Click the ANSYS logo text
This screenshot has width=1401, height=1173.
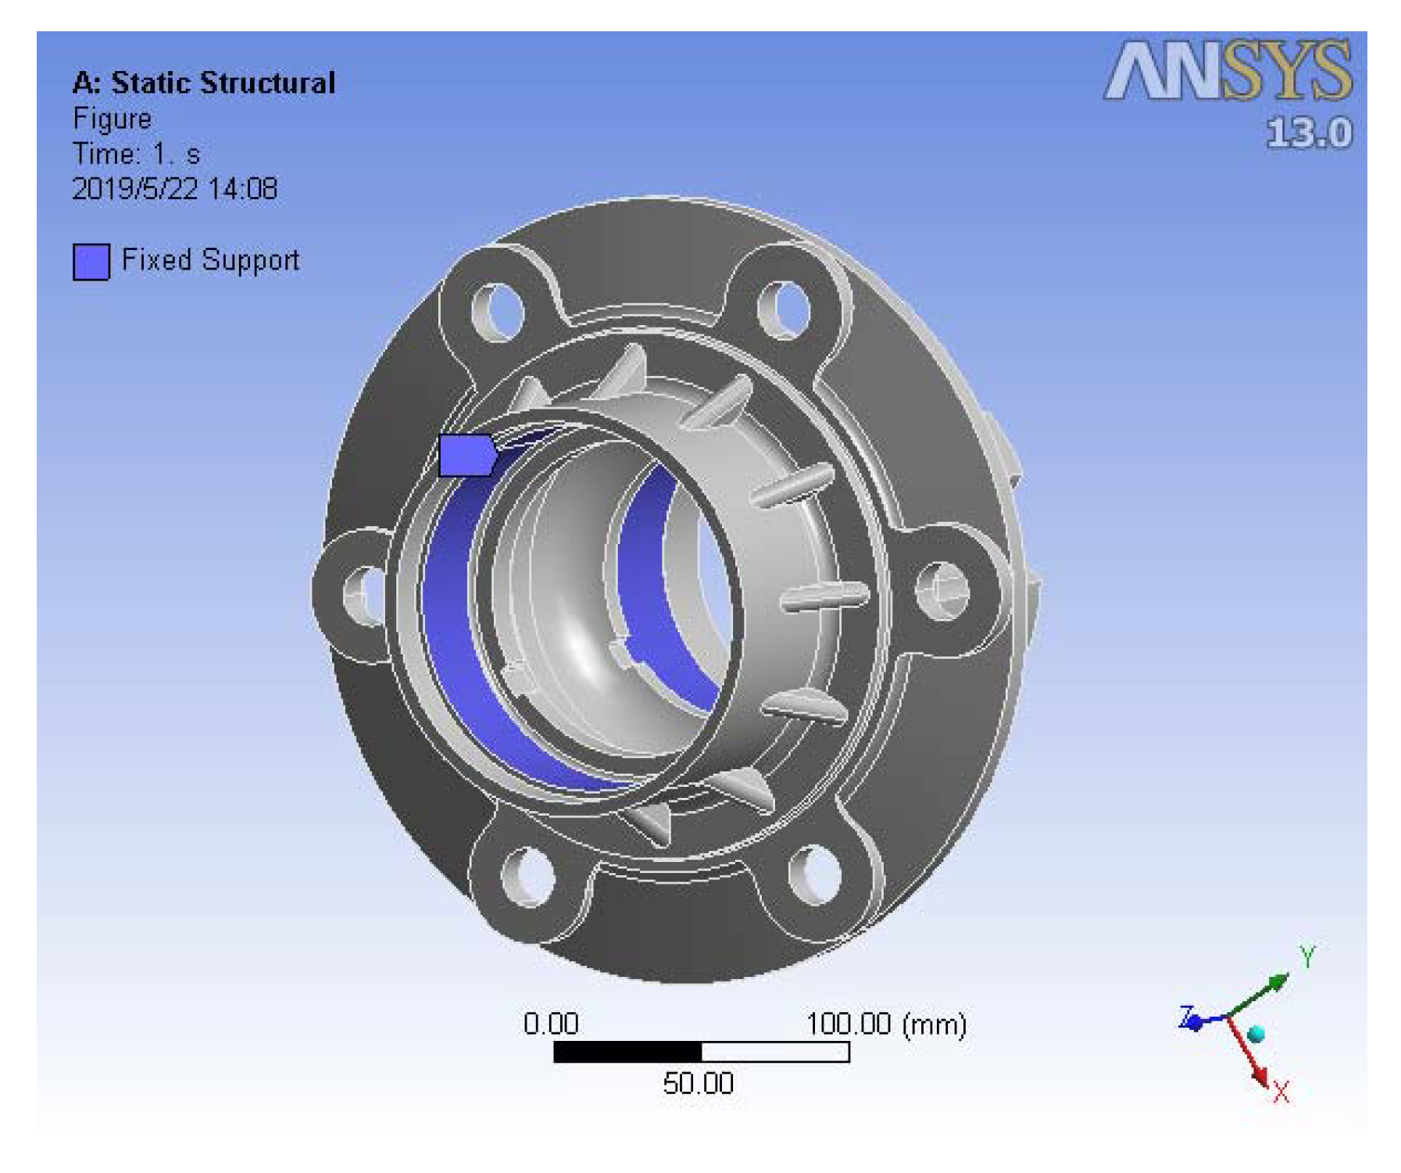pyautogui.click(x=1228, y=71)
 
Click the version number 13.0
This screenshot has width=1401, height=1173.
pyautogui.click(x=1309, y=133)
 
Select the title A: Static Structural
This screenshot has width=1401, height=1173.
pyautogui.click(x=203, y=83)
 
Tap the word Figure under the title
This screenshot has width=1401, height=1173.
pyautogui.click(x=112, y=119)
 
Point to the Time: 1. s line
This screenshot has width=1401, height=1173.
pyautogui.click(x=136, y=154)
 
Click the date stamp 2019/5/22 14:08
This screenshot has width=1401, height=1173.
pyautogui.click(x=174, y=189)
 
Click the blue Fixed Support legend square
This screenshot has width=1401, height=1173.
pyautogui.click(x=91, y=262)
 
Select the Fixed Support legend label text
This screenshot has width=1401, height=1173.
pyautogui.click(x=210, y=260)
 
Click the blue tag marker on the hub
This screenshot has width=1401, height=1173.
pyautogui.click(x=466, y=455)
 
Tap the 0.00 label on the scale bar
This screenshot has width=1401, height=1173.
pyautogui.click(x=551, y=1024)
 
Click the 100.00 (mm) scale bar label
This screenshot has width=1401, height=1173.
pyautogui.click(x=886, y=1024)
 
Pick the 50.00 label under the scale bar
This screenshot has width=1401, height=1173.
pyautogui.click(x=698, y=1084)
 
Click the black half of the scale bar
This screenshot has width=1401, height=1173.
pyautogui.click(x=627, y=1052)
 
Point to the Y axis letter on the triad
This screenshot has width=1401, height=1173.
pyautogui.click(x=1307, y=956)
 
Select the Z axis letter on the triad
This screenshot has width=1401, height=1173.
pyautogui.click(x=1186, y=1017)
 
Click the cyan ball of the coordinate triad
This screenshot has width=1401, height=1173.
pyautogui.click(x=1256, y=1035)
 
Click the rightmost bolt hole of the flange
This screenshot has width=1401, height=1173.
pyautogui.click(x=942, y=590)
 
